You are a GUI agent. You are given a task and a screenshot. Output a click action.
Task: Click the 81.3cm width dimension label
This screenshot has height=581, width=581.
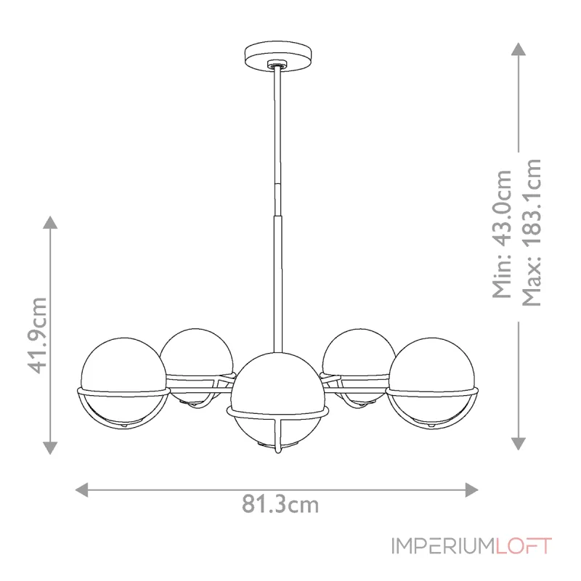tap(280, 503)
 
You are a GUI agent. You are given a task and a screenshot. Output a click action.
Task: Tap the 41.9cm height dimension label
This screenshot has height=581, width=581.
tap(38, 334)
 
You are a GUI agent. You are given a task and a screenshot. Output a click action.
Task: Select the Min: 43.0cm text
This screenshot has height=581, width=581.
tap(502, 234)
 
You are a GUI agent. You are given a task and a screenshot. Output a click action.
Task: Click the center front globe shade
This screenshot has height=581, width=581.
tap(277, 392)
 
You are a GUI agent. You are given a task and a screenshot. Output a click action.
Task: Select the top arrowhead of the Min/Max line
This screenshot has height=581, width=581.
tap(518, 49)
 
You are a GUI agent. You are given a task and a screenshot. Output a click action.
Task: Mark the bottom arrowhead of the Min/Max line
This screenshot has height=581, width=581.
tap(518, 443)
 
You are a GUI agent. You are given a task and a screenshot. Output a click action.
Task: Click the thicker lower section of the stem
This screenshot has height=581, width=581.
tap(277, 276)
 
